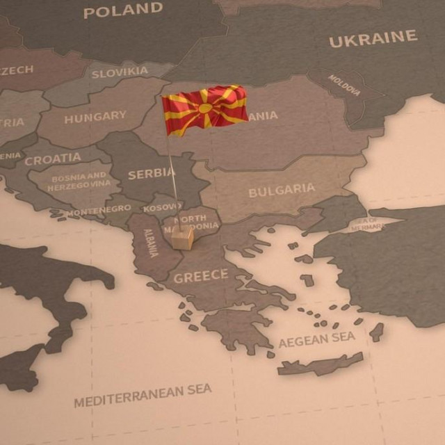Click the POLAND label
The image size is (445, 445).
tap(123, 10)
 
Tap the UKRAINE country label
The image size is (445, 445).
tap(373, 39)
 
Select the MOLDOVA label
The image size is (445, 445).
tap(344, 86)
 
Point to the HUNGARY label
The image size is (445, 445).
tap(95, 117)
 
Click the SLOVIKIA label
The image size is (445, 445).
tap(120, 72)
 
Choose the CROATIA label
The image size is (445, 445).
tap(53, 159)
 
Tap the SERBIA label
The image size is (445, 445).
tap(152, 173)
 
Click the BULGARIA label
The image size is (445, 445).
tap(282, 190)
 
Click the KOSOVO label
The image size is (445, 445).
tap(162, 207)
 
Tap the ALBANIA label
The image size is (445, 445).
tap(151, 243)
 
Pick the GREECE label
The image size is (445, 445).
tap(200, 277)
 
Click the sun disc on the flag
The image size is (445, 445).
tap(205, 108)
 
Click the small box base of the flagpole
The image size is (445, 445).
tap(182, 238)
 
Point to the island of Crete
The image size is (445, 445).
tap(321, 364)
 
